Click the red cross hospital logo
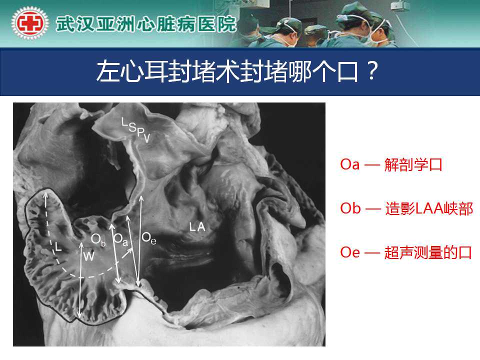(x=29, y=23)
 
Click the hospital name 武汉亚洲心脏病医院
(x=146, y=24)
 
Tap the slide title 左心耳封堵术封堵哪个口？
(x=237, y=71)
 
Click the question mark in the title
(x=371, y=71)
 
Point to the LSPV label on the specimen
(x=136, y=130)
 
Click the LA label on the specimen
(x=197, y=227)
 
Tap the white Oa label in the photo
(x=120, y=239)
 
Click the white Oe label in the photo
(x=149, y=238)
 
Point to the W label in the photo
(x=89, y=255)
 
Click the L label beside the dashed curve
(x=58, y=246)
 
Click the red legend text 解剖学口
(x=413, y=164)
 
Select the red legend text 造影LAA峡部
(x=429, y=209)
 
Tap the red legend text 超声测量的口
(x=428, y=252)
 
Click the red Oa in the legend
(x=349, y=164)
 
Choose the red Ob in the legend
(x=350, y=208)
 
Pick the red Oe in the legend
(x=349, y=252)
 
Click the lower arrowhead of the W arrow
(x=79, y=315)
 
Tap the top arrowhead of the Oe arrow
(x=141, y=198)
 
